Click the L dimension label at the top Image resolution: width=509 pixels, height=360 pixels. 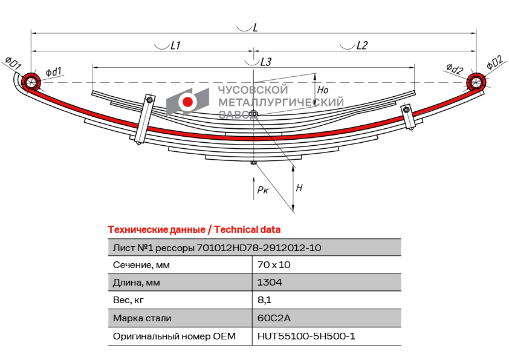pyautogui.click(x=255, y=28)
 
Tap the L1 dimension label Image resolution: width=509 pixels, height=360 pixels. pyautogui.click(x=175, y=45)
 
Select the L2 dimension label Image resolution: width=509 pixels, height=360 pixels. pyautogui.click(x=361, y=45)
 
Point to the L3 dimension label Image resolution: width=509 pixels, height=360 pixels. pyautogui.click(x=265, y=62)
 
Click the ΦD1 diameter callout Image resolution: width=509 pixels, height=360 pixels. pyautogui.click(x=13, y=62)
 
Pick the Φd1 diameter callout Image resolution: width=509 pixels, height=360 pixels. pyautogui.click(x=54, y=72)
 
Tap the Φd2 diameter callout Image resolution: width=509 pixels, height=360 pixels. pyautogui.click(x=455, y=68)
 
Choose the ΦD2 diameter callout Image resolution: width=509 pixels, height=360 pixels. pyautogui.click(x=495, y=63)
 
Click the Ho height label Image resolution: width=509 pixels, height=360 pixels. pyautogui.click(x=323, y=90)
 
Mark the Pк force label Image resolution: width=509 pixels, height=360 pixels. pyautogui.click(x=262, y=190)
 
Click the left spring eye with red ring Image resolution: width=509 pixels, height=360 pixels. pyautogui.click(x=31, y=82)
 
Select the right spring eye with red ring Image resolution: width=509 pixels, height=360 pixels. pyautogui.click(x=476, y=82)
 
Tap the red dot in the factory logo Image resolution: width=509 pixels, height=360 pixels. pyautogui.click(x=187, y=102)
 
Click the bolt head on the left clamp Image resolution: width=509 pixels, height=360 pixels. pyautogui.click(x=149, y=100)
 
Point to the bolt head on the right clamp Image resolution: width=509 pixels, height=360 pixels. pyautogui.click(x=406, y=110)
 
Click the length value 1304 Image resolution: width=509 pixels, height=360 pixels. pyautogui.click(x=270, y=283)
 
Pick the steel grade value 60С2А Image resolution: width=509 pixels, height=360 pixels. pyautogui.click(x=274, y=318)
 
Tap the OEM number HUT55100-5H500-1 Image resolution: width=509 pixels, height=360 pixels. pyautogui.click(x=306, y=336)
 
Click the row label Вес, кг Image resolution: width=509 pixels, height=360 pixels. pyautogui.click(x=128, y=300)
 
